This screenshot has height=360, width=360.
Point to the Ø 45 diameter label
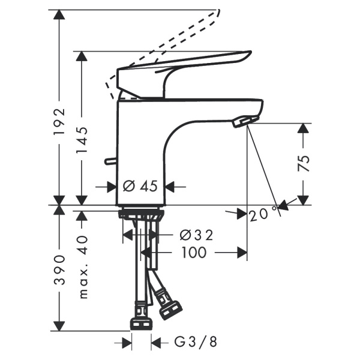click(x=140, y=187)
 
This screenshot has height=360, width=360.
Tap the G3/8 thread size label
click(x=195, y=343)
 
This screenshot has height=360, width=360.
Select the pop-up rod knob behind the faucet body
click(x=108, y=161)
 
